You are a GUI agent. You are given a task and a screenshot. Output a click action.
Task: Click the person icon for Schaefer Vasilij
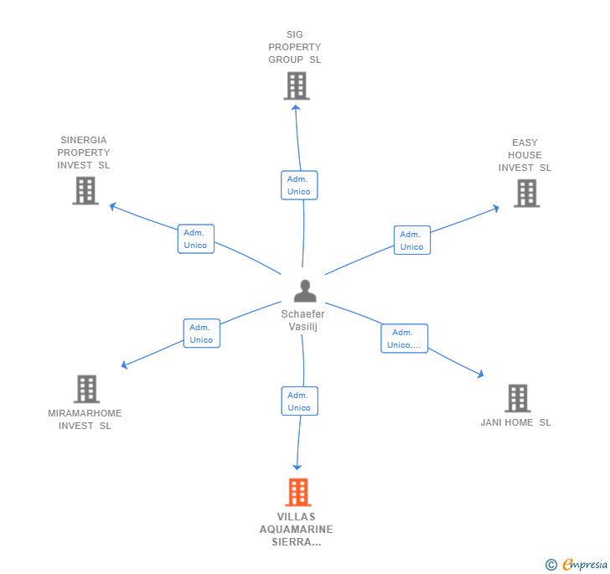click(x=305, y=291)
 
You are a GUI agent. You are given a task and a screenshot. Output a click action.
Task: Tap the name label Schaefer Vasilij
click(x=303, y=319)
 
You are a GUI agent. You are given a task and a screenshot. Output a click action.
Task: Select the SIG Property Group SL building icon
click(x=296, y=85)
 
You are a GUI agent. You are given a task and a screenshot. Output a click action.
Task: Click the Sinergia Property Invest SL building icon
click(x=85, y=190)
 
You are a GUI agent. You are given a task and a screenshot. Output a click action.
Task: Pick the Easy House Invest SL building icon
click(x=525, y=193)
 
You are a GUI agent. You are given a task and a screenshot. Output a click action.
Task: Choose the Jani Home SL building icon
click(x=517, y=398)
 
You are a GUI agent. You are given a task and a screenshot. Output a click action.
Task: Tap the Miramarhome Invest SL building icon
click(x=86, y=389)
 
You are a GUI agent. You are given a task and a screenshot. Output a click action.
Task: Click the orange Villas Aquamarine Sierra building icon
click(x=297, y=492)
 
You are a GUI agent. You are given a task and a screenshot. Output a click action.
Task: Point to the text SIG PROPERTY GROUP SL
click(x=295, y=48)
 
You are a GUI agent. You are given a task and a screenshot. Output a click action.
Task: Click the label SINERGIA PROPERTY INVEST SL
click(x=84, y=153)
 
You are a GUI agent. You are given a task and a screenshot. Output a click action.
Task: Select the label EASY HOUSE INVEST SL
click(x=525, y=155)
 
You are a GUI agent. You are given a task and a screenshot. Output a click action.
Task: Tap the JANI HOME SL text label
click(x=515, y=422)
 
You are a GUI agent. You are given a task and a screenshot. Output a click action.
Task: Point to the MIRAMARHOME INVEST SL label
click(x=85, y=419)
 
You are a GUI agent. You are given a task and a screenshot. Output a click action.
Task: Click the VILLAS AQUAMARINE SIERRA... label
click(x=297, y=530)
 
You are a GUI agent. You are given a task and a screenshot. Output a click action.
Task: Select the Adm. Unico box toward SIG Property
click(x=298, y=185)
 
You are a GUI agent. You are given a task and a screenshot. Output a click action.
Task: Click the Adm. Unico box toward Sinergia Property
click(x=195, y=239)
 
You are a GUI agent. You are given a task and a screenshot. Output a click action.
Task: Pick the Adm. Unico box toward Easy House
click(x=411, y=240)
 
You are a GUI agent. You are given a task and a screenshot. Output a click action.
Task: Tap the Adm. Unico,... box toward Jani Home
click(x=404, y=339)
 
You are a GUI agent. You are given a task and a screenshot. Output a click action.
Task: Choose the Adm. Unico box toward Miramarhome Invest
click(x=201, y=334)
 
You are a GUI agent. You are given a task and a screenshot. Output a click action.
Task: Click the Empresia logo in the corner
click(x=576, y=564)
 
